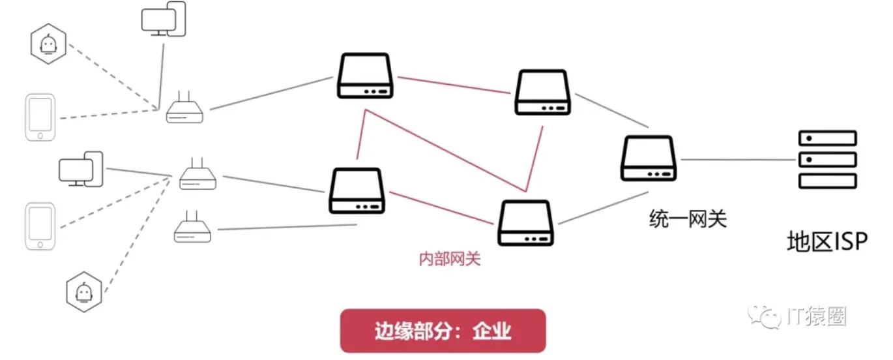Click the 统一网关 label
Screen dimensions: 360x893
[x=688, y=219]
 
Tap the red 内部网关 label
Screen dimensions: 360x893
[x=449, y=259]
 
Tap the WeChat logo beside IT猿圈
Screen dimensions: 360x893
[x=767, y=317]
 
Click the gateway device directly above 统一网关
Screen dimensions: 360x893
[x=649, y=158]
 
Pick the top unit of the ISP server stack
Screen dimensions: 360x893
[x=827, y=138]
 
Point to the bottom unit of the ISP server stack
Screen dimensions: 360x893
[x=827, y=181]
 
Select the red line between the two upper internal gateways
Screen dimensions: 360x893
[x=453, y=86]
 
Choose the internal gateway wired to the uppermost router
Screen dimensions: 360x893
[x=365, y=76]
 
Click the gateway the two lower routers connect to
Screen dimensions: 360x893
[x=357, y=190]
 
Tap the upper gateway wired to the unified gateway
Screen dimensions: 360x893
[x=543, y=93]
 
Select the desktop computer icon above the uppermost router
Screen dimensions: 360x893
[x=164, y=19]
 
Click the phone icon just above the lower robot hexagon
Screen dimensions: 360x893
[x=40, y=226]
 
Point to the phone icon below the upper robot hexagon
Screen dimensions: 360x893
[x=40, y=117]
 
